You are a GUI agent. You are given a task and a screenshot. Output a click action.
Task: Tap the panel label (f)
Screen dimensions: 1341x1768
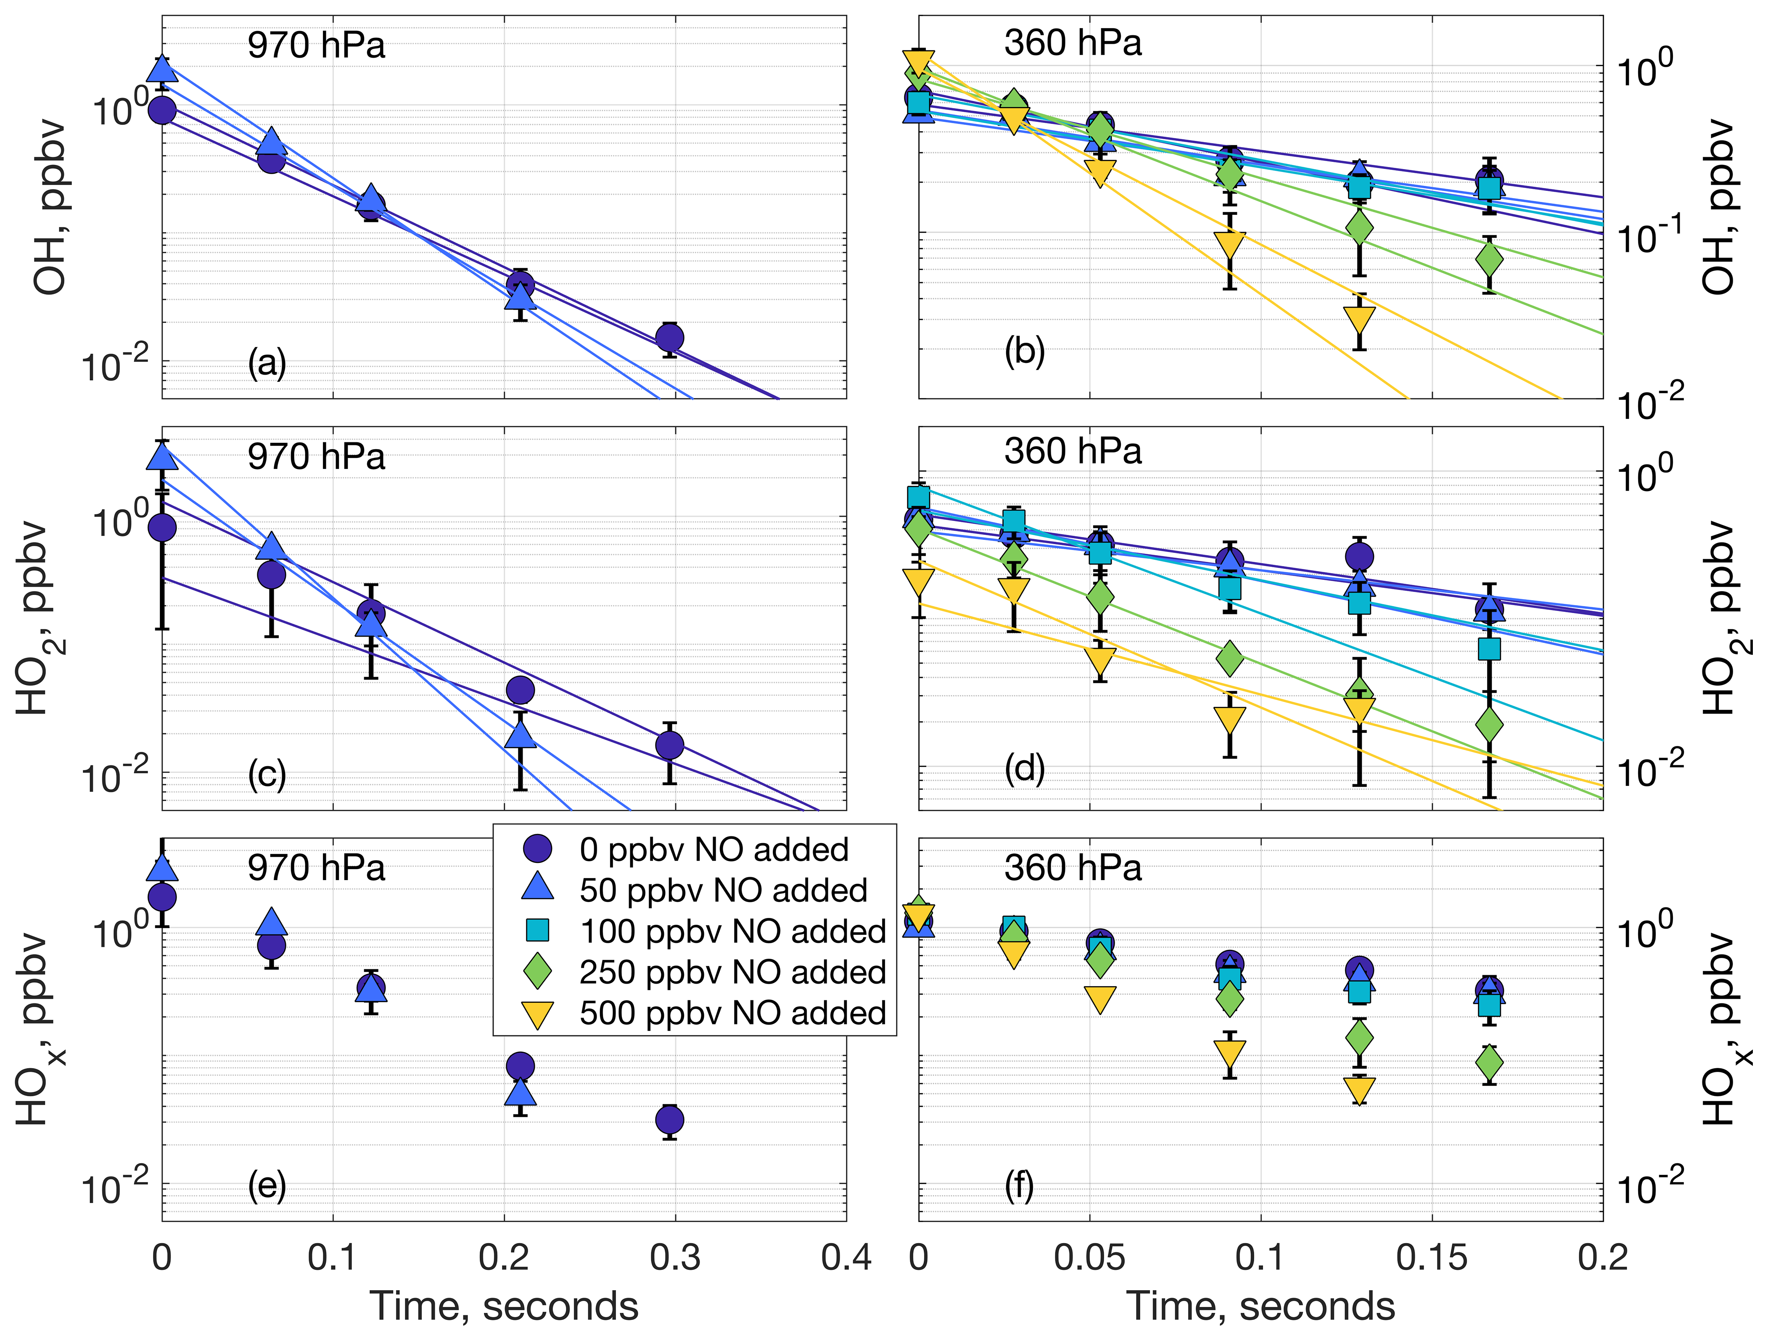pyautogui.click(x=1019, y=1185)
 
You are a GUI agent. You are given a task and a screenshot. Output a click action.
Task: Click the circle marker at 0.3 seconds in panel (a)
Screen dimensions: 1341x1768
pyautogui.click(x=670, y=337)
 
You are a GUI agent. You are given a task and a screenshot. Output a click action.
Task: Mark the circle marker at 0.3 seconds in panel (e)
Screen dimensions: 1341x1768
pyautogui.click(x=670, y=1120)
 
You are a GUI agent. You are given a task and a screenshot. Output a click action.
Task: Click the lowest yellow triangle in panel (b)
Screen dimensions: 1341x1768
pyautogui.click(x=1360, y=320)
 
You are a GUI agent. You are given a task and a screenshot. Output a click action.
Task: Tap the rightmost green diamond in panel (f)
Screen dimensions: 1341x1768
pyautogui.click(x=1490, y=1063)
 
